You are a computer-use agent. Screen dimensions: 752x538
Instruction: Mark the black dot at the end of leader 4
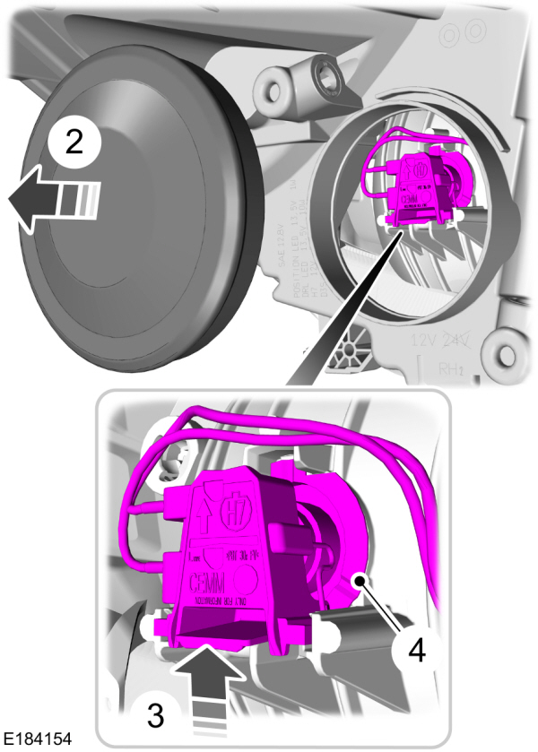pos(358,580)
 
